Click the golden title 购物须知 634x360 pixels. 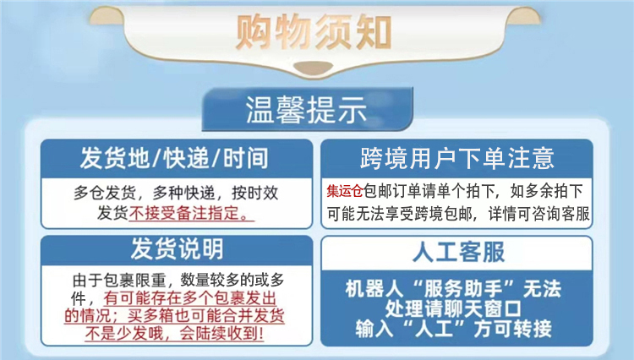pos(314,31)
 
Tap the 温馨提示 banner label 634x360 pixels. pos(306,110)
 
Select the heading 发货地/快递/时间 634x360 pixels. pos(174,158)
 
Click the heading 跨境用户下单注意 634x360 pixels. pos(456,158)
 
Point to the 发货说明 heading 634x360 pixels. pos(177,248)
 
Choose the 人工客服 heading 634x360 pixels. pos(458,252)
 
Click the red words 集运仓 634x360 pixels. pos(345,191)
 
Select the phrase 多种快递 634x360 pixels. pos(183,193)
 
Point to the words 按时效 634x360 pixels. pos(255,193)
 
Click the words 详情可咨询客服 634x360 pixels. pos(539,214)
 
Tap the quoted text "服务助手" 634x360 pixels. pos(466,288)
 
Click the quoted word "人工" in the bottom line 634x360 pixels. pos(435,328)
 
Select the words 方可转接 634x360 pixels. pos(513,328)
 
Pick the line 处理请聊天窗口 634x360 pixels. pos(453,308)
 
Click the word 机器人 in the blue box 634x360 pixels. pos(374,288)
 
